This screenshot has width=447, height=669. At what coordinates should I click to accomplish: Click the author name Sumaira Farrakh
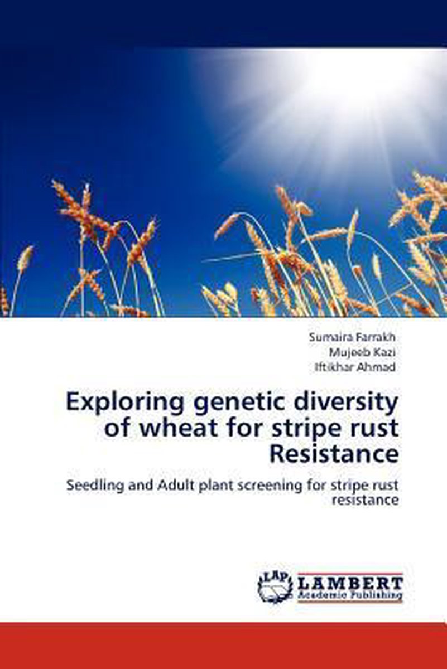coord(352,337)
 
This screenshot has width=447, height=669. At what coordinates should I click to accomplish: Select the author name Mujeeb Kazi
coord(362,352)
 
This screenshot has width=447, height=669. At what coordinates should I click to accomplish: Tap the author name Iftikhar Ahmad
coord(355,367)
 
